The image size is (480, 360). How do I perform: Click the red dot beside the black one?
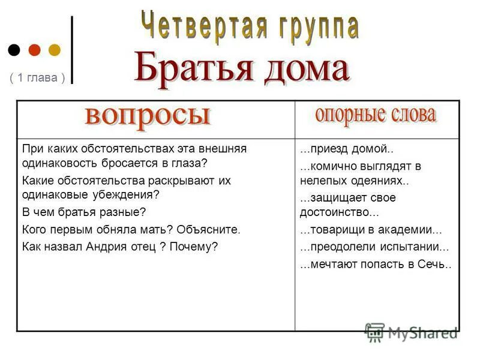34,49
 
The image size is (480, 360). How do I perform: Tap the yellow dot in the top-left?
54,49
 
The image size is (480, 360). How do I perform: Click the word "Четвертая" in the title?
205,25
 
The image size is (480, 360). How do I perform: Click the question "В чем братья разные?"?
84,212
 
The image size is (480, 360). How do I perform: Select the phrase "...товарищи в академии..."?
371,230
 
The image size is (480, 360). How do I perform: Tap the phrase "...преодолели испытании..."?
374,247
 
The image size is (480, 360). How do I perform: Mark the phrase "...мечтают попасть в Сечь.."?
376,264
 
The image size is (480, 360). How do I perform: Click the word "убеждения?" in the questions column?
129,195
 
